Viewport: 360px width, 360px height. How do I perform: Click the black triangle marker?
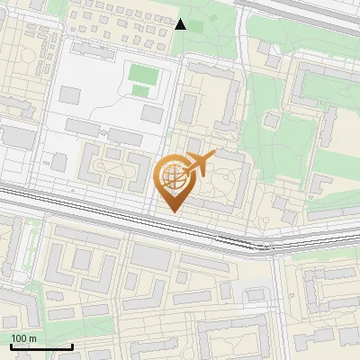[180, 24]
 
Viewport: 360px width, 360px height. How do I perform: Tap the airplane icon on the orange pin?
[200, 164]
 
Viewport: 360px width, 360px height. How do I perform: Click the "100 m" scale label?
[24, 338]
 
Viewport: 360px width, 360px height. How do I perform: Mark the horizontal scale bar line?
[41, 346]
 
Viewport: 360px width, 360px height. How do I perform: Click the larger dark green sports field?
[141, 72]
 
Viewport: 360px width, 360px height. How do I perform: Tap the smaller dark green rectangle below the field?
[141, 90]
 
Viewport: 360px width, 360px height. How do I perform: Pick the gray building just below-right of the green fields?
[152, 114]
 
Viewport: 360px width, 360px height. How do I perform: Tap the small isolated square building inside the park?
[270, 120]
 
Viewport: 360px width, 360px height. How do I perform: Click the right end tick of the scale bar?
[72, 346]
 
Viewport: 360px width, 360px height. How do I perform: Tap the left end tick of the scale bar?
[11, 346]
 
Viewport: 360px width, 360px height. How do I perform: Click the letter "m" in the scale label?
[32, 338]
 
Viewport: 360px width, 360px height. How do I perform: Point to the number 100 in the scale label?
[20, 338]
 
